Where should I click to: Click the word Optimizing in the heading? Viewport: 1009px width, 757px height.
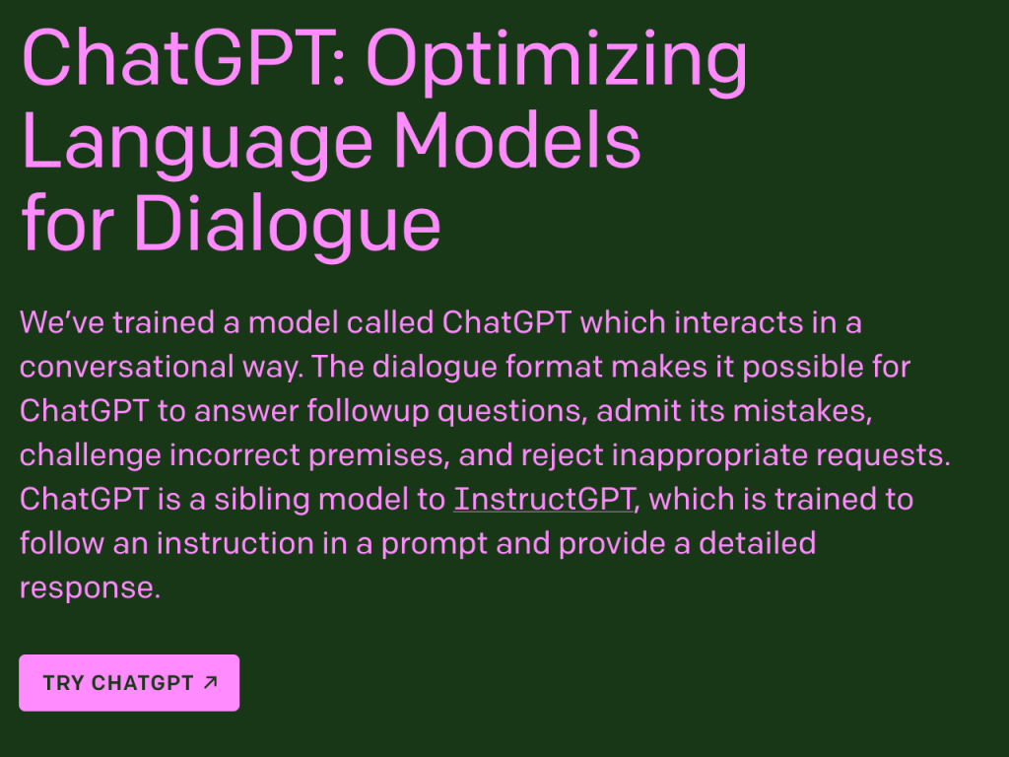(x=557, y=61)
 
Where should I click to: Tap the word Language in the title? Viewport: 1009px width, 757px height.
(x=197, y=143)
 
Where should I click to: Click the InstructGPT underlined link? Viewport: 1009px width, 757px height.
(x=544, y=500)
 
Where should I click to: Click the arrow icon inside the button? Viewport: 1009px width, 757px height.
(x=211, y=682)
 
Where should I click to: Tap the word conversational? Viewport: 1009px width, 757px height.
(x=127, y=367)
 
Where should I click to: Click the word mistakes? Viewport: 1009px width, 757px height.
(x=802, y=411)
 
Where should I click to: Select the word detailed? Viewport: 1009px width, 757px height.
(x=758, y=543)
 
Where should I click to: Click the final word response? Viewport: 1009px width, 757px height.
(x=90, y=588)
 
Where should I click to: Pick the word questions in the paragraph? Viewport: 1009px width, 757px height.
(x=512, y=411)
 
